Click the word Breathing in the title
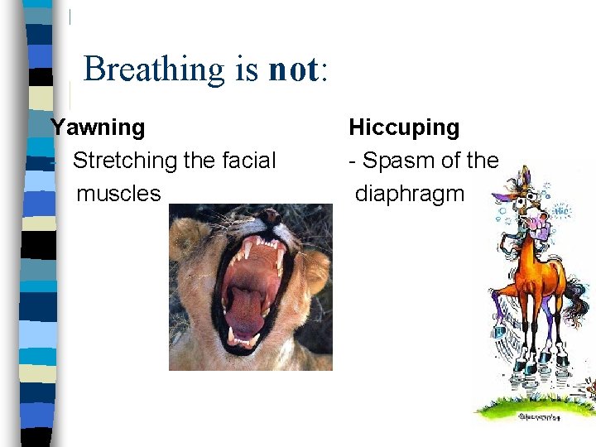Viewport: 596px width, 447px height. click(153, 70)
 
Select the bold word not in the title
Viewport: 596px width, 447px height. click(292, 70)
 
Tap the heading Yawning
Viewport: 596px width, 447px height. click(98, 127)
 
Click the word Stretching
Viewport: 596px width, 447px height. click(125, 161)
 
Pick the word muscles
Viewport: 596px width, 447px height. click(118, 194)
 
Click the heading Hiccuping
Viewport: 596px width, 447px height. click(404, 127)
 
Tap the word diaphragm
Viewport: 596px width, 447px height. click(410, 194)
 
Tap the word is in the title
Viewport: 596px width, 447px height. click(246, 70)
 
